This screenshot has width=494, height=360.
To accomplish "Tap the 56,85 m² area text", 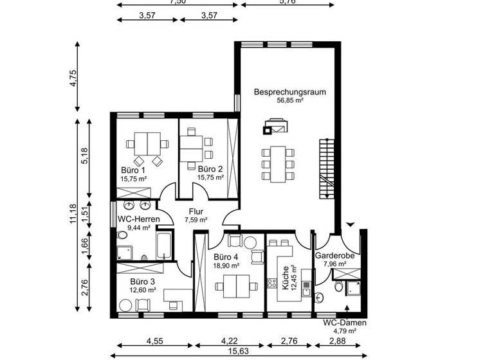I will (289, 101).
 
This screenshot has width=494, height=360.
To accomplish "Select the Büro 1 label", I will (133, 170).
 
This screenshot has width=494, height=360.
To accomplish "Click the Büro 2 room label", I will (210, 168).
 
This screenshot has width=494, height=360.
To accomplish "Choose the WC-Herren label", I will (134, 219).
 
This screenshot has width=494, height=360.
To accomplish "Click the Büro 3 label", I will (142, 282).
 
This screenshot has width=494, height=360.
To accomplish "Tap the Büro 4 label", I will (226, 256).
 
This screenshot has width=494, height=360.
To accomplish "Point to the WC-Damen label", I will (344, 323).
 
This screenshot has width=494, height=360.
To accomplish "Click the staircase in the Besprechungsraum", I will (327, 167).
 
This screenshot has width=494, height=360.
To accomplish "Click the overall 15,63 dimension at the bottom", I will (242, 352).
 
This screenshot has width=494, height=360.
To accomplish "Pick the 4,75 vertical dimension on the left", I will (73, 76).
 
